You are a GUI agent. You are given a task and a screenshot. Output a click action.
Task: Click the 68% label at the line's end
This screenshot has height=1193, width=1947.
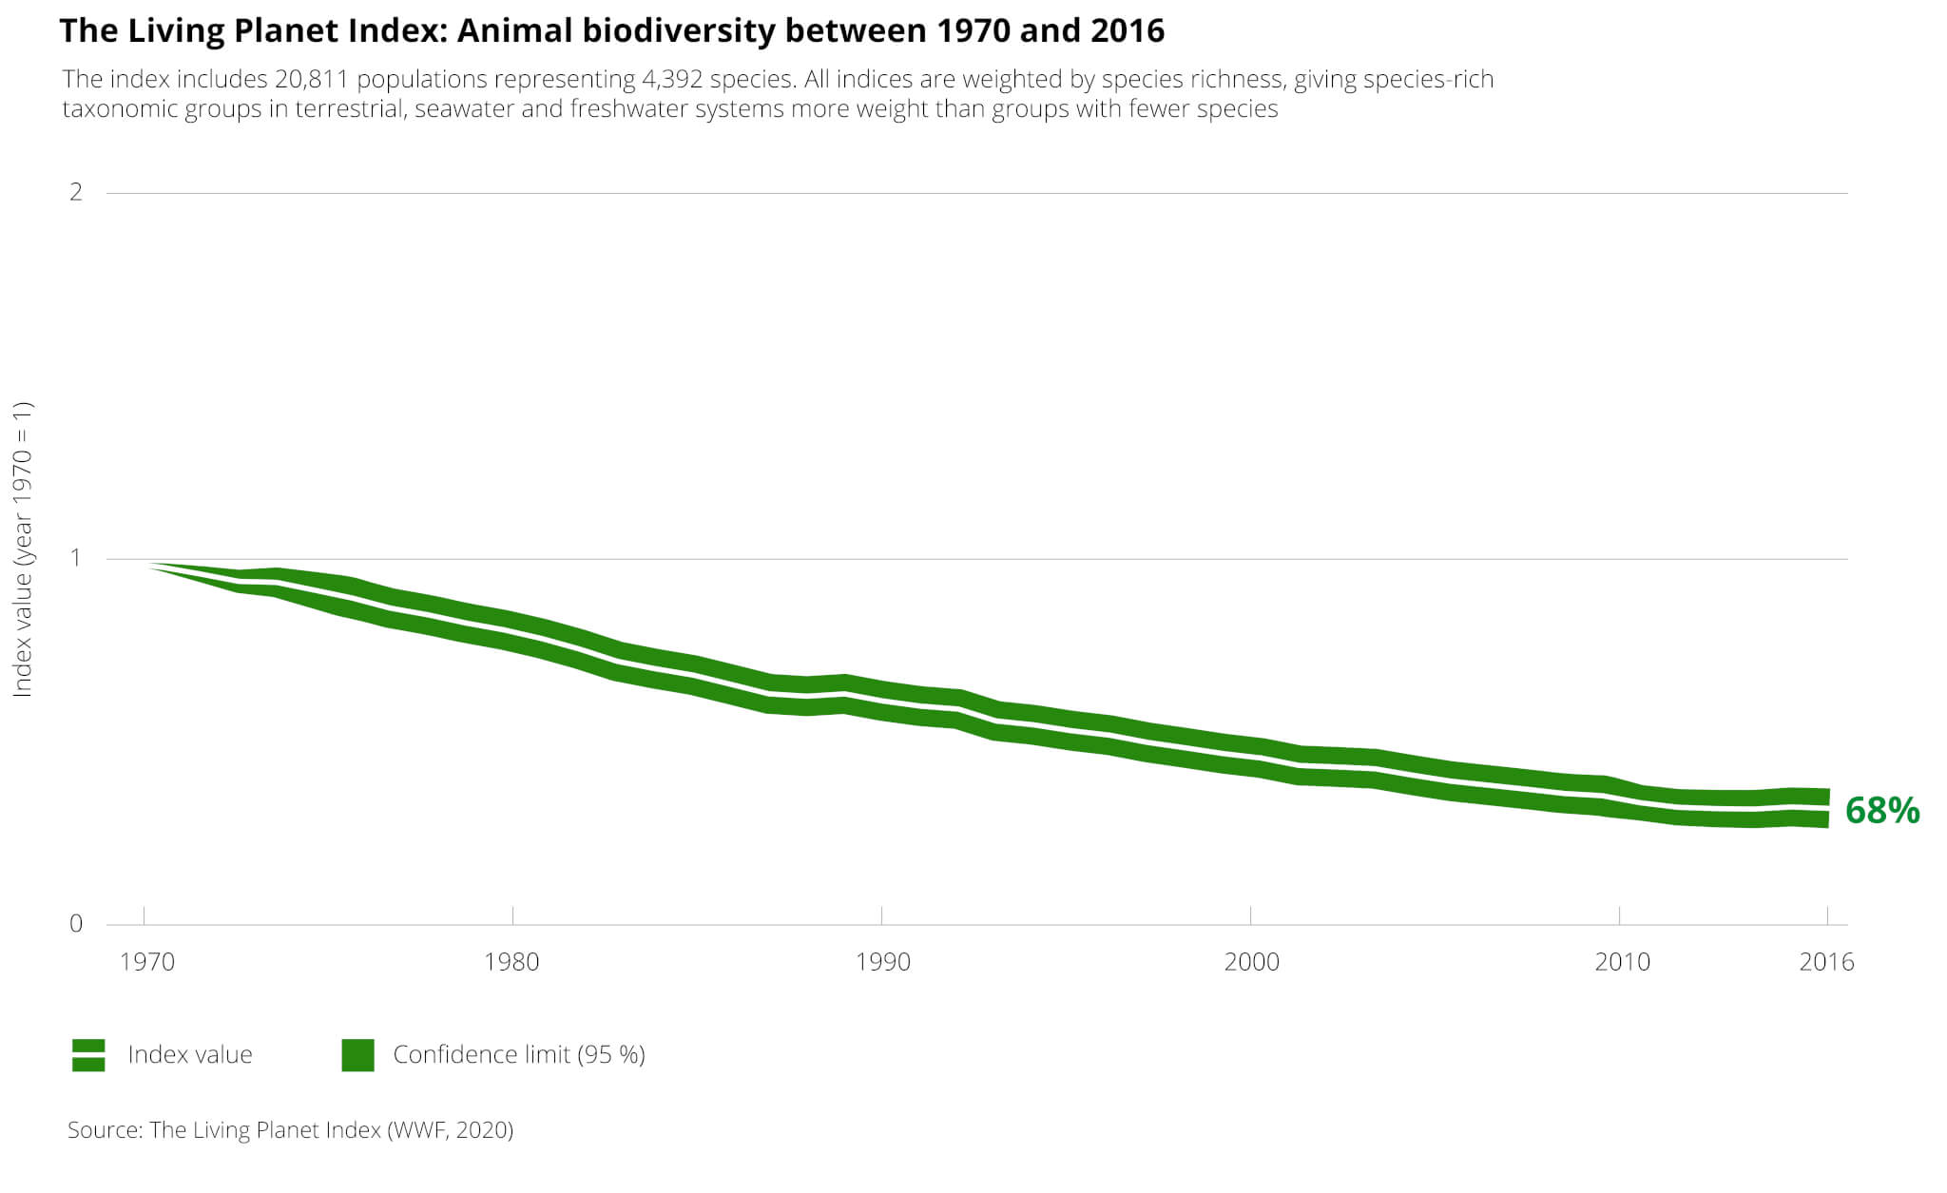(1881, 811)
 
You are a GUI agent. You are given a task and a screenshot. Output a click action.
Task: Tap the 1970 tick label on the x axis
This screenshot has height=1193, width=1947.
(147, 962)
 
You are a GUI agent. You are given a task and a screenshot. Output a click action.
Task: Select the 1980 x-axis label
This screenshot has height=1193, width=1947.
(511, 962)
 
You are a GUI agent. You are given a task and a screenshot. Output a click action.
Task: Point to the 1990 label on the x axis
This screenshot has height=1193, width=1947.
(882, 962)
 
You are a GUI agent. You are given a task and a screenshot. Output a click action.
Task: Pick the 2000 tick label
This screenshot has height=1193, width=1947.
(1251, 962)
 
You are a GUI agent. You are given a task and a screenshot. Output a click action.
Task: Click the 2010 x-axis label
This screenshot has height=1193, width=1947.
(1622, 962)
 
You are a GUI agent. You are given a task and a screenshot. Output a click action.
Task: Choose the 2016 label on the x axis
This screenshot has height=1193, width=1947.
(1826, 962)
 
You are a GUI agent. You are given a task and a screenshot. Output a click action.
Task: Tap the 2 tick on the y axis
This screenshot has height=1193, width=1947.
(76, 192)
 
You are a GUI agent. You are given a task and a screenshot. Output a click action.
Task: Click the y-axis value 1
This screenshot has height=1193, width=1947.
(76, 557)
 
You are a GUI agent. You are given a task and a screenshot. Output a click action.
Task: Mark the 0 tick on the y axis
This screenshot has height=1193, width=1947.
(76, 923)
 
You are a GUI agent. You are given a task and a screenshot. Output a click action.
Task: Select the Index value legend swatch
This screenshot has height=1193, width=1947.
(88, 1055)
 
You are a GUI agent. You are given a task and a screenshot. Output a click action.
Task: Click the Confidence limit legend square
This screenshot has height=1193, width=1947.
(357, 1055)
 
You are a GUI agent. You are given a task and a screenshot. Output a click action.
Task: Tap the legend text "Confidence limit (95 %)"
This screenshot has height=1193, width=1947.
(519, 1055)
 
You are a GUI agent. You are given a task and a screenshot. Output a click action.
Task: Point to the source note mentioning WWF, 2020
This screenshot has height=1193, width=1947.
(290, 1130)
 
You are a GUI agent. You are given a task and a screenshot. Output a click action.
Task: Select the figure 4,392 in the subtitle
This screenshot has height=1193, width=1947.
(672, 79)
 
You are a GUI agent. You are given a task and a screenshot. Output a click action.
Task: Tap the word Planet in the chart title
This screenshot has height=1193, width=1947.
(282, 31)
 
